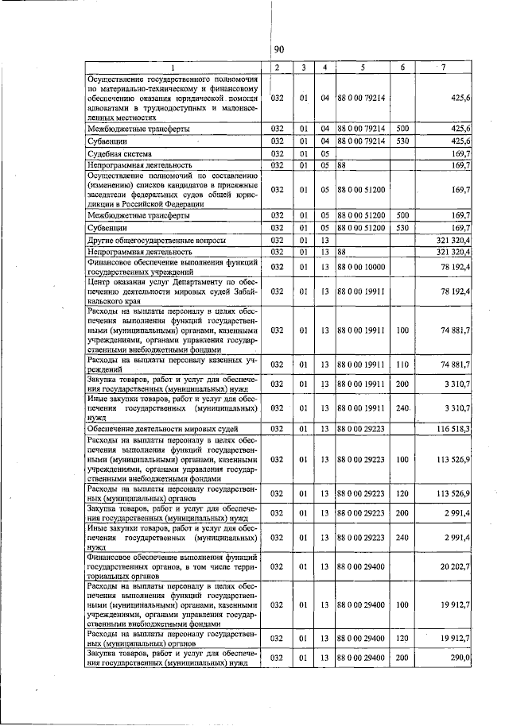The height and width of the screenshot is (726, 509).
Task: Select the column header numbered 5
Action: (x=362, y=68)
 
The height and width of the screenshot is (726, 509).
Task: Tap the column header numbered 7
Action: (x=444, y=68)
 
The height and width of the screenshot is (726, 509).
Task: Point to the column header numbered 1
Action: (x=173, y=68)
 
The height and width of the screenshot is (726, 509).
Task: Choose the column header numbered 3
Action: (x=303, y=68)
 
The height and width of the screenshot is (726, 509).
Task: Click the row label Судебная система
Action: (x=119, y=153)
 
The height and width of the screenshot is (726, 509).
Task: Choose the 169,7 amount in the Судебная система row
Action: (x=460, y=153)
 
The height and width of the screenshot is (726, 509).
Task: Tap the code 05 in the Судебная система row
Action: (x=325, y=153)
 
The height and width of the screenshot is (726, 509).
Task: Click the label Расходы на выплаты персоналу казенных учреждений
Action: (x=173, y=364)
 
